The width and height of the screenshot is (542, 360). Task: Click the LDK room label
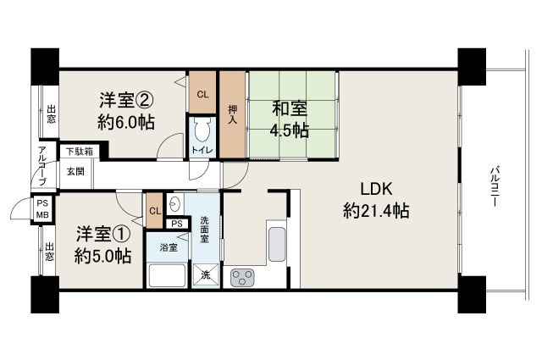click(376, 189)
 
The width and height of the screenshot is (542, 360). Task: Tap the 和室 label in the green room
click(289, 108)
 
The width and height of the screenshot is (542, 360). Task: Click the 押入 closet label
click(232, 113)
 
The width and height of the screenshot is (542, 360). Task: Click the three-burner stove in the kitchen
click(242, 276)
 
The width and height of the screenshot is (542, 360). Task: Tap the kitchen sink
click(276, 245)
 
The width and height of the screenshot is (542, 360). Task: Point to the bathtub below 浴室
click(168, 276)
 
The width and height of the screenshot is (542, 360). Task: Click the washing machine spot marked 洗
click(205, 274)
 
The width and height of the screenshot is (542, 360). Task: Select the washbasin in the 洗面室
click(174, 203)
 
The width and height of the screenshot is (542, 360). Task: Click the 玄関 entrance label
click(75, 170)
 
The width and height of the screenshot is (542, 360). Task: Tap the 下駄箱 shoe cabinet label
click(80, 152)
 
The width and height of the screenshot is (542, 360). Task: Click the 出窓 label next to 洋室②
click(51, 114)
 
